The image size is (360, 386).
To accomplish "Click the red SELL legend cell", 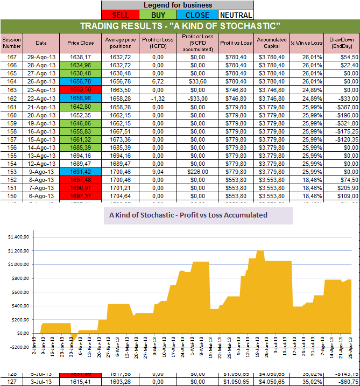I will pos(119,15).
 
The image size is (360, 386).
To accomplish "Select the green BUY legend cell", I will pos(158,15).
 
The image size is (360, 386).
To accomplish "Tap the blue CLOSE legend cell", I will pos(197,15).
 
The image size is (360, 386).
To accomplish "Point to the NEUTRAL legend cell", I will pos(235,15).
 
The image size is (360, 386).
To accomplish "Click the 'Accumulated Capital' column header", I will pos(271,42).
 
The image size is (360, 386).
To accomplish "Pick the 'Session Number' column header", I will pos(11,42).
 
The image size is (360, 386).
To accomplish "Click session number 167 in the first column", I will pos(11,57).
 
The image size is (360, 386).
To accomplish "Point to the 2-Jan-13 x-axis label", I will pos(34,360).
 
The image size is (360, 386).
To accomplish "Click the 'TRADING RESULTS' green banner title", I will pos(180,26).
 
